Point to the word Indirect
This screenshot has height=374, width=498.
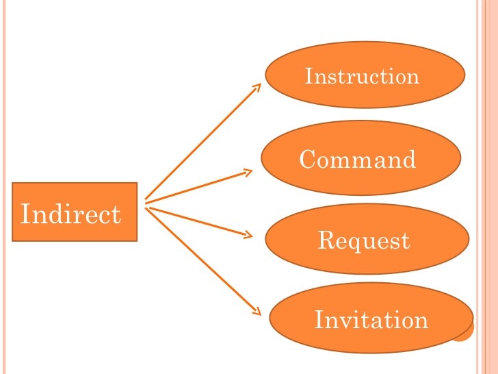tap(71, 214)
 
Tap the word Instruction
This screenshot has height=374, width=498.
tap(362, 75)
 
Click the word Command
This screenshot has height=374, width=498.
tap(358, 160)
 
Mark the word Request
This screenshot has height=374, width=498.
tap(364, 240)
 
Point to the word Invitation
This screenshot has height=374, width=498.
tap(371, 320)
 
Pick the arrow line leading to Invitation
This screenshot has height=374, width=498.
tap(202, 260)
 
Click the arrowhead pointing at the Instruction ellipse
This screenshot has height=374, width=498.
tap(257, 88)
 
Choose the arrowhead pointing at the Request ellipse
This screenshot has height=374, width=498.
tap(248, 236)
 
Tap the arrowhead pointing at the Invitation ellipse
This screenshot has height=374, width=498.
tap(257, 312)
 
